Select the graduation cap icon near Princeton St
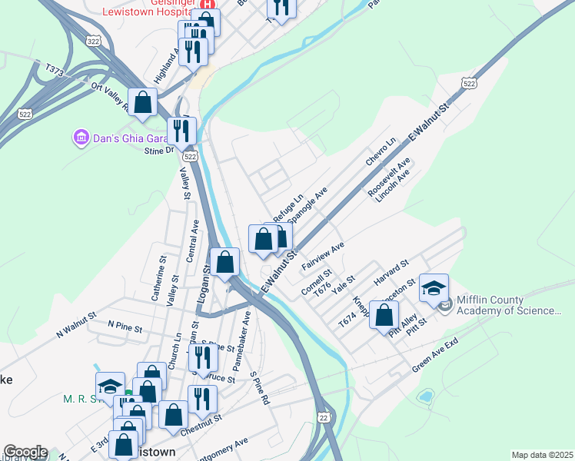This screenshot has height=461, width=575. (434, 287)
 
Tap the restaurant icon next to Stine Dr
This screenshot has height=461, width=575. (181, 131)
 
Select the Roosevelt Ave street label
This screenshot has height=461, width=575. (389, 178)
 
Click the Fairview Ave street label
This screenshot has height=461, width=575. (322, 257)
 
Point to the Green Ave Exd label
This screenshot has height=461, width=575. (435, 354)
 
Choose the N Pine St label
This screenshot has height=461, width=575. (125, 327)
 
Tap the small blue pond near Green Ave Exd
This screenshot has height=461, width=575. (424, 397)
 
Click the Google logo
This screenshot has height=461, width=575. (25, 452)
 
